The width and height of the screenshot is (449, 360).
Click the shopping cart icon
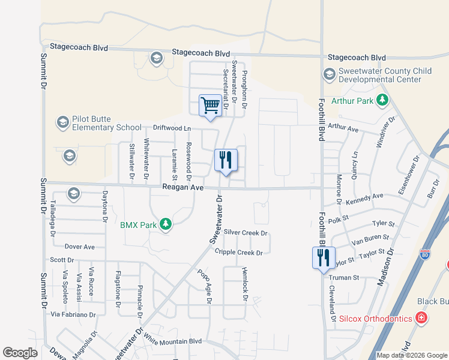210,106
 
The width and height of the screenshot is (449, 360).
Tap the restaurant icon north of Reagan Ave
226,160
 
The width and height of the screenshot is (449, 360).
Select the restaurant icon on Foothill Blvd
324,258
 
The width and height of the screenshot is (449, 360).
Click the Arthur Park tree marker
381,101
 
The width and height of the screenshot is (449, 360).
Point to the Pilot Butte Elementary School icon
62,123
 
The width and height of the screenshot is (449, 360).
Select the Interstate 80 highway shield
426,255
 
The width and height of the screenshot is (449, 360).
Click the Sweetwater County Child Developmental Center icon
329,75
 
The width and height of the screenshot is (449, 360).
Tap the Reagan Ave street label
183,188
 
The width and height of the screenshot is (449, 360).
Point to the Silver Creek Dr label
245,233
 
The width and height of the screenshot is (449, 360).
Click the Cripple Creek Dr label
239,253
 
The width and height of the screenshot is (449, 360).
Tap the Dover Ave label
80,247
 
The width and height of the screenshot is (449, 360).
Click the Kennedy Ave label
364,197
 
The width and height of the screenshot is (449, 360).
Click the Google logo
20,353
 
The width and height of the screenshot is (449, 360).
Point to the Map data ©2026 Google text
411,355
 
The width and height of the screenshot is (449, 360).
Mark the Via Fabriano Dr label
73,314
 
